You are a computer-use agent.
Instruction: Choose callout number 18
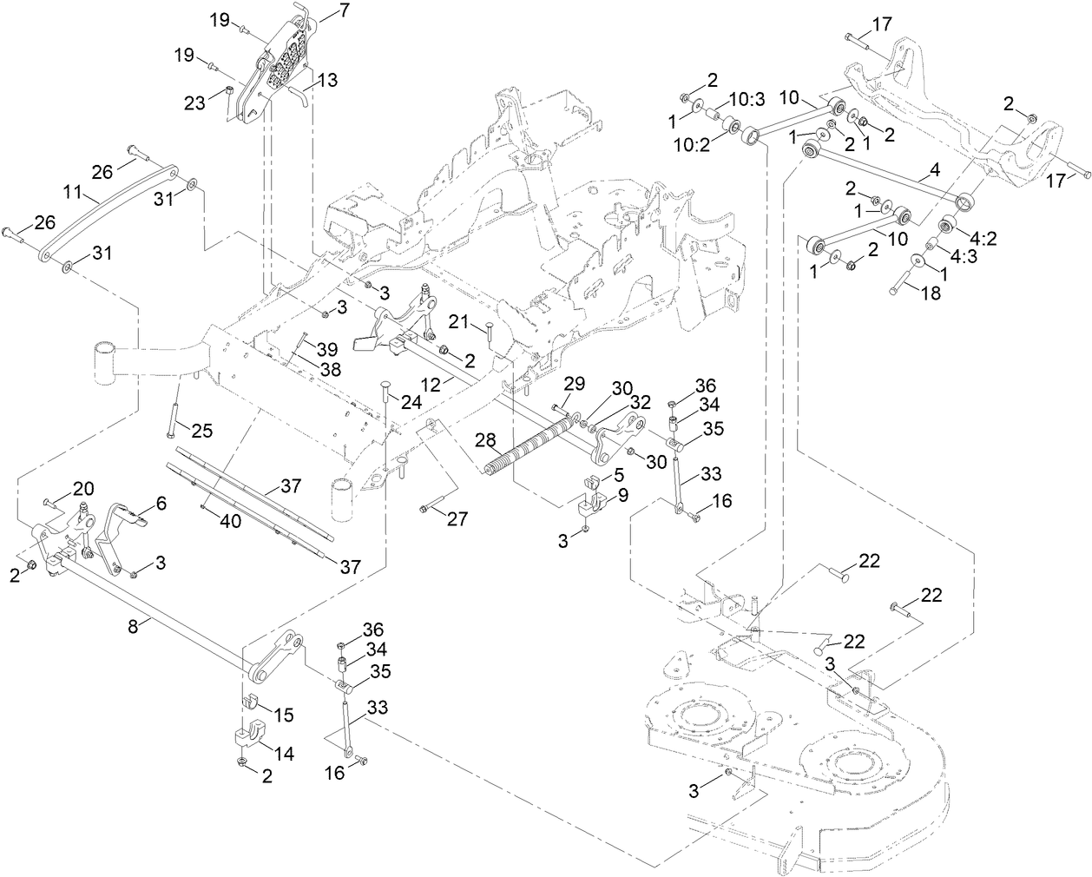click(931, 293)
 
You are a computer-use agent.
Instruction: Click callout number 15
click(283, 715)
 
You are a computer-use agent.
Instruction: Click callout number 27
click(457, 519)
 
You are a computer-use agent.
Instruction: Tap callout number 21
click(461, 323)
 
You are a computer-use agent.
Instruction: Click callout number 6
click(161, 504)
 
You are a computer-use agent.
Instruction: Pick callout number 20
click(83, 487)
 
